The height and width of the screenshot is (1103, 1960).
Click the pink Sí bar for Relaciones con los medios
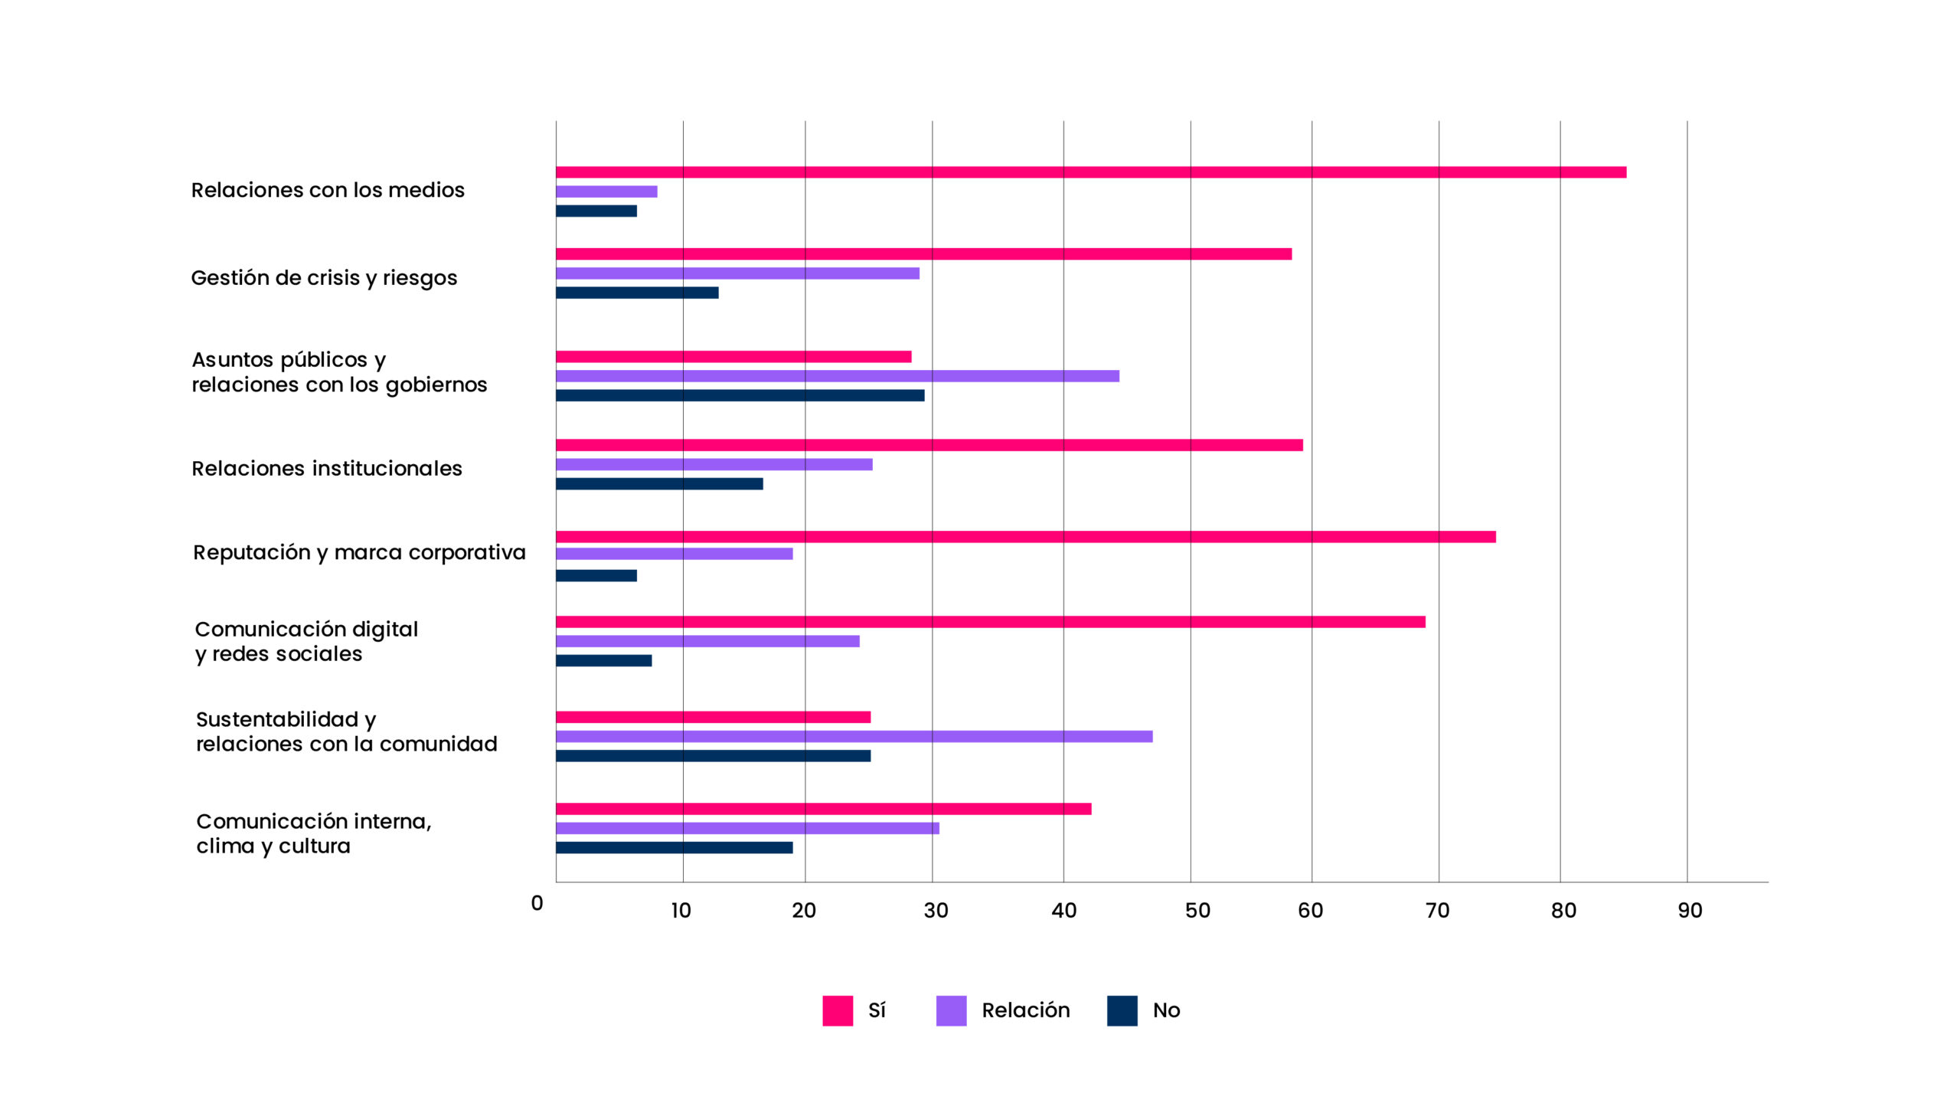[x=1090, y=172]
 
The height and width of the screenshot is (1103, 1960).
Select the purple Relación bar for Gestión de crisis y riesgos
[x=737, y=273]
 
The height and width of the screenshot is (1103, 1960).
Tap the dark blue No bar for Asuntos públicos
[x=740, y=395]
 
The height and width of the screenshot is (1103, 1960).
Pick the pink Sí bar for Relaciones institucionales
[x=929, y=445]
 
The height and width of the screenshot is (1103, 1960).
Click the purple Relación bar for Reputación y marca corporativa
[x=674, y=554]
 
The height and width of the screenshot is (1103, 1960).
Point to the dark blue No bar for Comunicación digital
[x=603, y=660]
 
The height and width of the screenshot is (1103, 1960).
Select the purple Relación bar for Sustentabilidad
[x=854, y=736]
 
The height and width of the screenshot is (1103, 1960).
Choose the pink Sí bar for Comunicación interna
[x=823, y=809]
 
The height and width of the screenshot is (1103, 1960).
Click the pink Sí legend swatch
[x=837, y=1010]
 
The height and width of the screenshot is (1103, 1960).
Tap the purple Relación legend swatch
[x=951, y=1010]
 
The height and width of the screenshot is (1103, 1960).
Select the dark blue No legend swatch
[x=1122, y=1010]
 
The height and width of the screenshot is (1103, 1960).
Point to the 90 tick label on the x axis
[x=1690, y=911]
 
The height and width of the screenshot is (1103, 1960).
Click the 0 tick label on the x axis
[x=537, y=904]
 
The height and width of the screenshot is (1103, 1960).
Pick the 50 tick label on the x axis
[x=1197, y=911]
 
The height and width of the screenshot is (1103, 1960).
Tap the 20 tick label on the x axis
[x=804, y=911]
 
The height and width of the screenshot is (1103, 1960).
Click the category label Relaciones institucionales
[x=327, y=469]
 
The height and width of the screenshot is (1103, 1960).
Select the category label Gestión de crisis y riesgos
[x=324, y=278]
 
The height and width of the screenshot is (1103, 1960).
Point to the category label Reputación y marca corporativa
[x=359, y=553]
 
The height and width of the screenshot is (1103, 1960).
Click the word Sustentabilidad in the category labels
[x=277, y=719]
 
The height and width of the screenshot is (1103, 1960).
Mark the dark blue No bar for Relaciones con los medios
[x=596, y=211]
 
